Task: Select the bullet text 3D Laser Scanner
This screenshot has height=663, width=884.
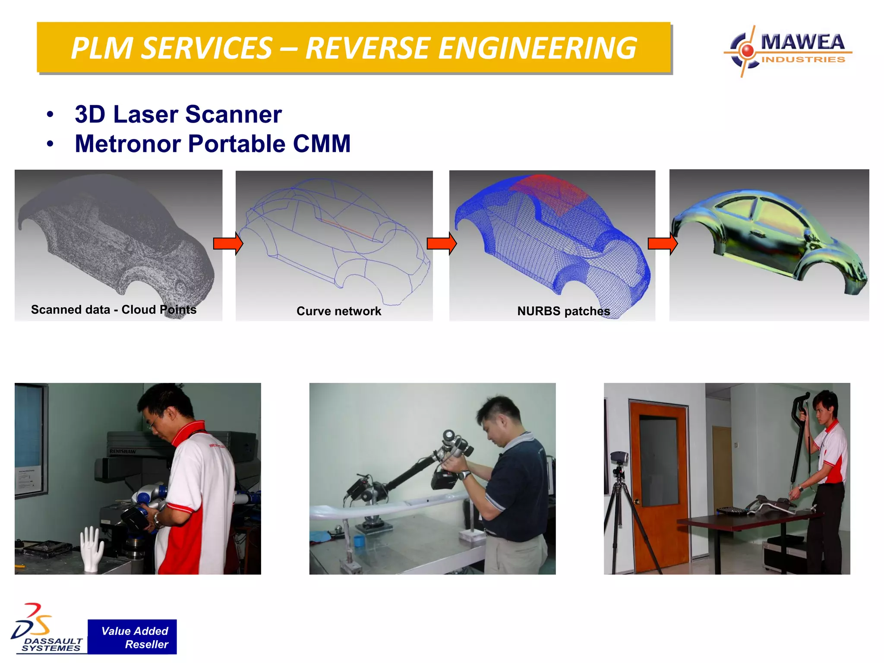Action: coord(178,114)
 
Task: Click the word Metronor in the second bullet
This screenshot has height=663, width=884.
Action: coord(127,144)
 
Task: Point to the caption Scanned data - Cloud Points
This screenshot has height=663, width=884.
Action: coord(114,309)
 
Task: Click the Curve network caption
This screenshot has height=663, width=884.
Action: coord(339,311)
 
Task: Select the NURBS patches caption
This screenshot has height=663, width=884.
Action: coord(563,311)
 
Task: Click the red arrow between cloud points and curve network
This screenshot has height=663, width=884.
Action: coord(228,244)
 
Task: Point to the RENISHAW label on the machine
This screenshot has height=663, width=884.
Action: coord(123,451)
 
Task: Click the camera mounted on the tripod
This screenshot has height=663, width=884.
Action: coord(619,458)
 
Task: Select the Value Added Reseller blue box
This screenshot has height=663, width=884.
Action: coord(132,637)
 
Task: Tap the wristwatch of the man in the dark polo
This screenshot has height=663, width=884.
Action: coord(464,475)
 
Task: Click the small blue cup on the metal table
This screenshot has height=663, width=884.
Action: coord(358,540)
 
